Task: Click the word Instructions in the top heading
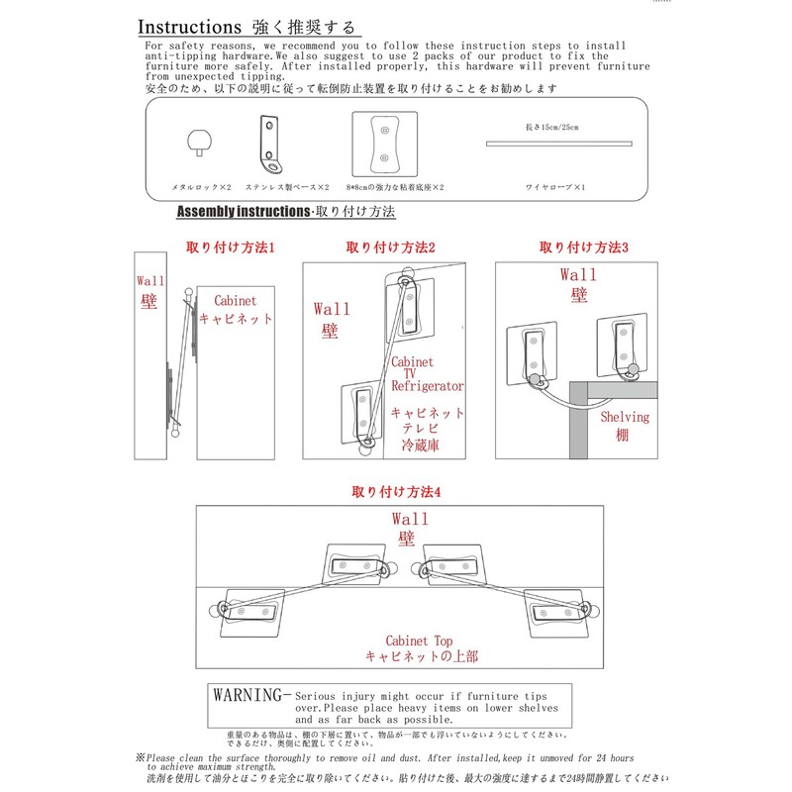tap(189, 25)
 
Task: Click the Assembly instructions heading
tap(243, 212)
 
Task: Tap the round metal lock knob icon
tap(201, 141)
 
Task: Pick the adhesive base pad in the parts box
tap(384, 143)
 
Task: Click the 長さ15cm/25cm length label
tap(551, 127)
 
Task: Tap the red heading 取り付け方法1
tap(230, 247)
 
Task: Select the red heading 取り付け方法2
tap(391, 247)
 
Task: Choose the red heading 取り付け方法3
tap(584, 247)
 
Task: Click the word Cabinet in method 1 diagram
tap(235, 301)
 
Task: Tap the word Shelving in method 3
tap(626, 417)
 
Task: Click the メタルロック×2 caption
tap(201, 186)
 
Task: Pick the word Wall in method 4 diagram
tap(410, 519)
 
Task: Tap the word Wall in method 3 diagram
tap(578, 274)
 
